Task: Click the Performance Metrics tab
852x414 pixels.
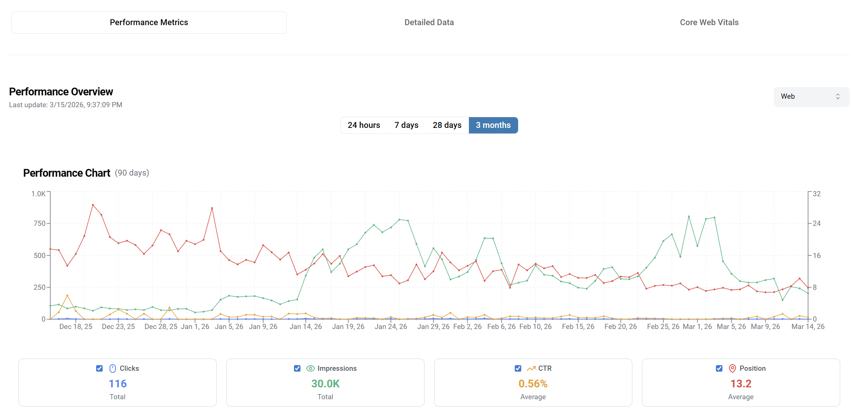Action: click(149, 23)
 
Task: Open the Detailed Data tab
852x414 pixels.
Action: click(429, 23)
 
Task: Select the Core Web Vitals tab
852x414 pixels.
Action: click(709, 23)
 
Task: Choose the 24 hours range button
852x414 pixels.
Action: click(364, 125)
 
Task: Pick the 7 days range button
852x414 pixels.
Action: click(406, 125)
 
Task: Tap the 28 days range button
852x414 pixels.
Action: click(447, 125)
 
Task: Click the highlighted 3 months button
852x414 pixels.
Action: click(493, 125)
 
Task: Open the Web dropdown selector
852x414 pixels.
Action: click(811, 96)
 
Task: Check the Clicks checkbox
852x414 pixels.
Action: click(99, 369)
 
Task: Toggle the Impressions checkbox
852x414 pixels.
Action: click(297, 369)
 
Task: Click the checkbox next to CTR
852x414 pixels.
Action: click(518, 369)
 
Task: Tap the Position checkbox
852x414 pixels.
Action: click(719, 369)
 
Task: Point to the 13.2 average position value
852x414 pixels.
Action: click(741, 384)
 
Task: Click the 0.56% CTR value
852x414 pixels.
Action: click(533, 384)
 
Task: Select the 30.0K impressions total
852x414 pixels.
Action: click(325, 384)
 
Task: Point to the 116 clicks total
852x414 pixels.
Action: click(118, 384)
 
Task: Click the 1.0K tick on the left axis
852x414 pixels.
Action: click(38, 194)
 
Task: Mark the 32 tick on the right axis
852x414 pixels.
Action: click(816, 194)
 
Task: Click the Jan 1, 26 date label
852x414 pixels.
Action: click(195, 327)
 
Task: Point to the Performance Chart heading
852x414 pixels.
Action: click(67, 173)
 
